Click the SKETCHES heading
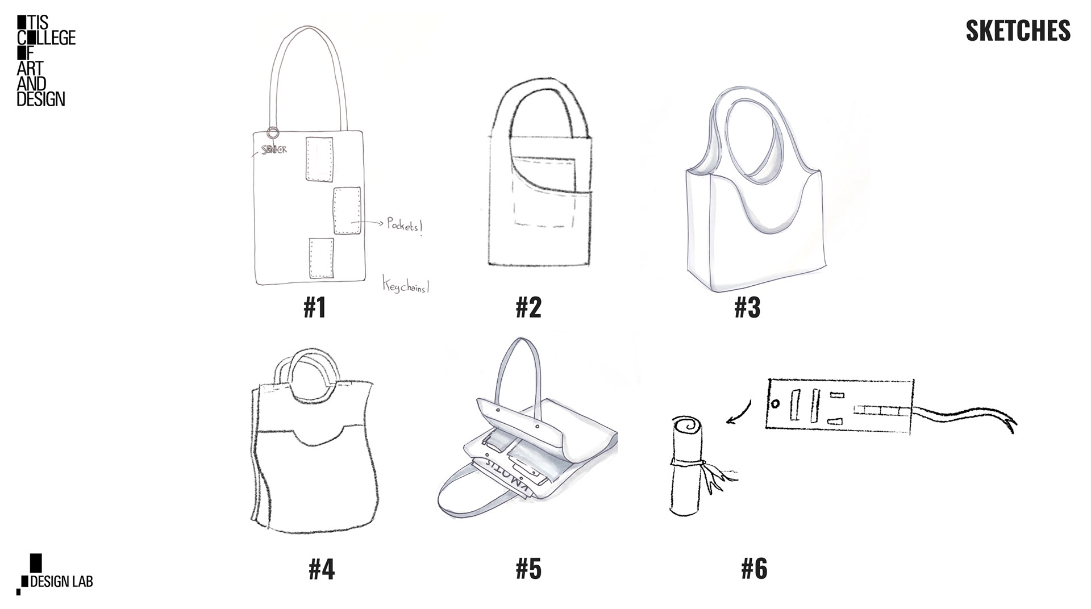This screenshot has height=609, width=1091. coord(1018,31)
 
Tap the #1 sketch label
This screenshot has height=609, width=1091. coord(315,307)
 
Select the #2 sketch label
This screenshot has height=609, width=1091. coord(528,307)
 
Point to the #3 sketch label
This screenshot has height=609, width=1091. coord(747,307)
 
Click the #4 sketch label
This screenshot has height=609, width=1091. coord(322,569)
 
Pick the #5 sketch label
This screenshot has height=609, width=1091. coord(528,569)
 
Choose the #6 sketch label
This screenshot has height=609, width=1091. coord(754,569)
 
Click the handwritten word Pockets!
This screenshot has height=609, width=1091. coord(405,225)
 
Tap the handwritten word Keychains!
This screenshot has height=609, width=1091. coord(406,286)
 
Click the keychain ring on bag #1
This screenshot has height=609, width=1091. coord(273,133)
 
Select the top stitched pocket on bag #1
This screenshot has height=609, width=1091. coord(319,158)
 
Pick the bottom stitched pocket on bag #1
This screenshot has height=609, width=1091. coord(321,258)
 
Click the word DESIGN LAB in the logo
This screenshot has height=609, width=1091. coord(61,582)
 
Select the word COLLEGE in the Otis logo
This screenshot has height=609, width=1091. coord(47,38)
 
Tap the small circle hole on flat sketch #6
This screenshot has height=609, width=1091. coord(775,404)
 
